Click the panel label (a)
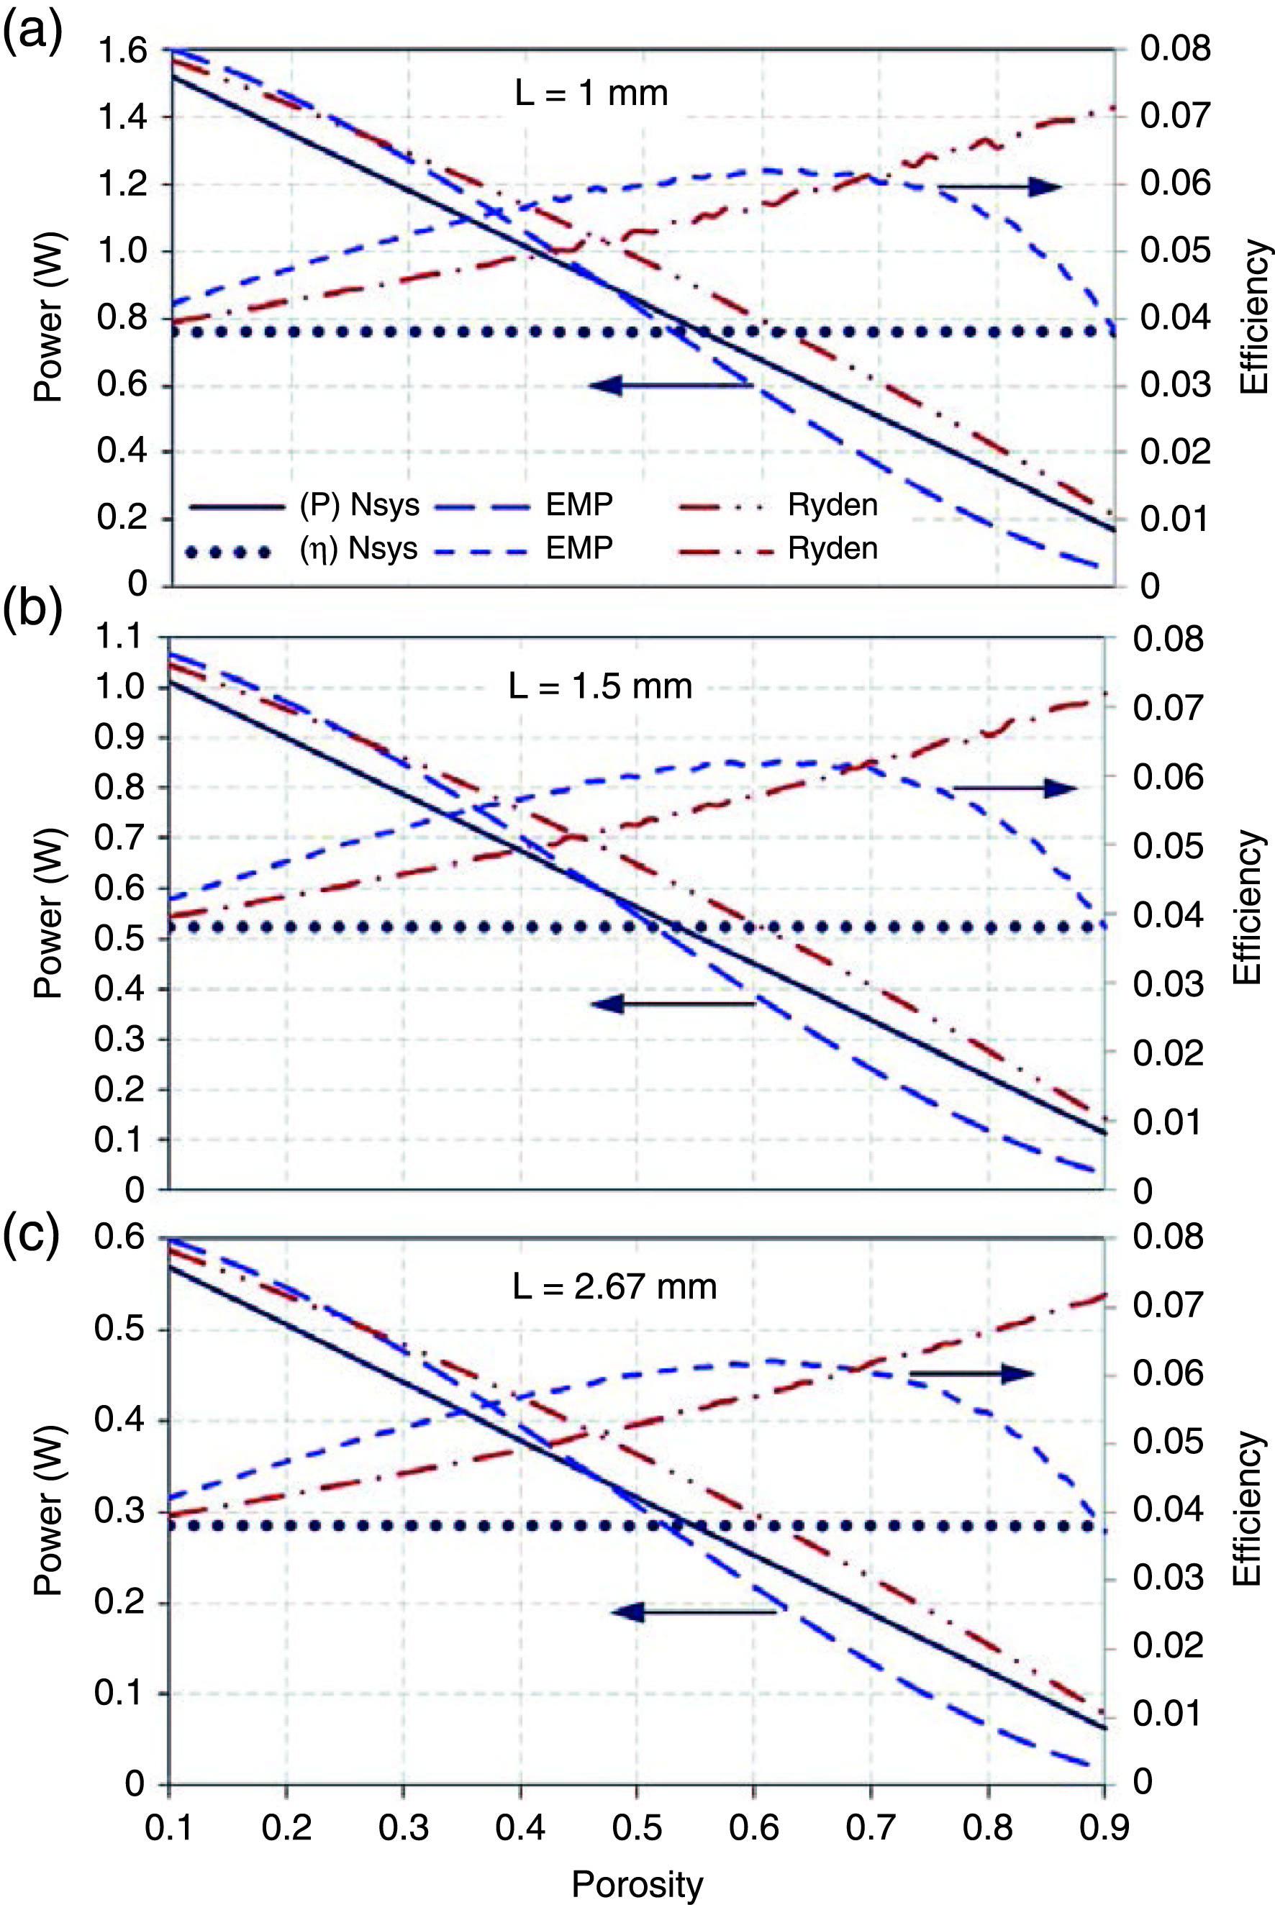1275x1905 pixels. pos(32,34)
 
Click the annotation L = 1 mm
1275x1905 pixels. pos(591,94)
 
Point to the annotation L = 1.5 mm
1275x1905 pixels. pos(600,688)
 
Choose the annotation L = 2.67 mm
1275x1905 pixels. pos(614,1287)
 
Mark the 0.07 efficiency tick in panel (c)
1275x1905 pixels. pos(1168,1305)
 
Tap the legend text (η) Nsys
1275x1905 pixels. pos(358,549)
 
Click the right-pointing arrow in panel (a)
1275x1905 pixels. pos(1000,187)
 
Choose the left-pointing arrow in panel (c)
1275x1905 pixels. pos(694,1611)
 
